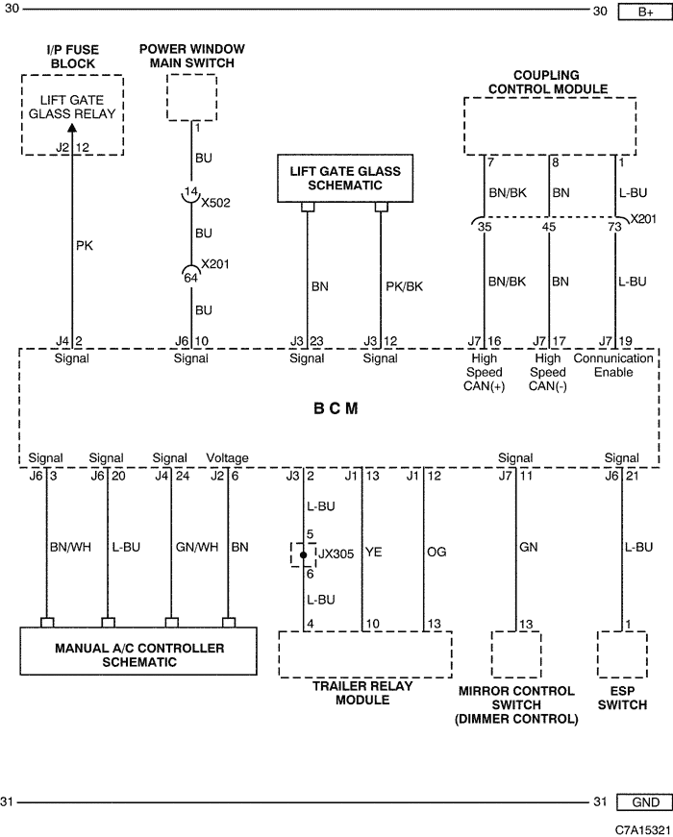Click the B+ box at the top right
tap(645, 12)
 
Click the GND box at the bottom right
tap(645, 801)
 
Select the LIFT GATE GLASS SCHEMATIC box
tap(345, 179)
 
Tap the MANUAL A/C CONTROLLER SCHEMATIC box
tap(138, 652)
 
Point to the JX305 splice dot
tap(304, 555)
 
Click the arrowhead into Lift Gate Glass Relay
tap(72, 127)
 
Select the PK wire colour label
tap(85, 246)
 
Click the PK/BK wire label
tap(405, 286)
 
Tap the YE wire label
tap(374, 552)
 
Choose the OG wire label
tap(436, 552)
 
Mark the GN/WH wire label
tap(197, 547)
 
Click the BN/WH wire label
tap(70, 547)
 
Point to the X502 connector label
tap(215, 203)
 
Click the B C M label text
tap(336, 408)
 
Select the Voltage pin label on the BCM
tap(228, 458)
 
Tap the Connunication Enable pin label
tap(613, 365)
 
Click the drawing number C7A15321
tap(642, 829)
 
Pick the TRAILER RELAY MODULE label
tap(362, 693)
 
